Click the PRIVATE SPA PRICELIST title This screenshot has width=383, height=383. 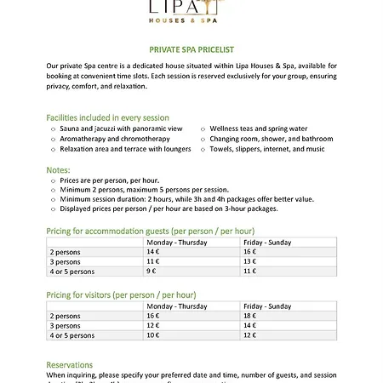(x=191, y=50)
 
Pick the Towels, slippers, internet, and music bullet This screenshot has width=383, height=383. (x=268, y=149)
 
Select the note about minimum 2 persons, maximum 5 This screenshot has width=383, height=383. (x=145, y=190)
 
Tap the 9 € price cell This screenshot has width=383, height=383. (x=152, y=272)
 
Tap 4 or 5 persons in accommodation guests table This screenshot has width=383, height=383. (x=72, y=272)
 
